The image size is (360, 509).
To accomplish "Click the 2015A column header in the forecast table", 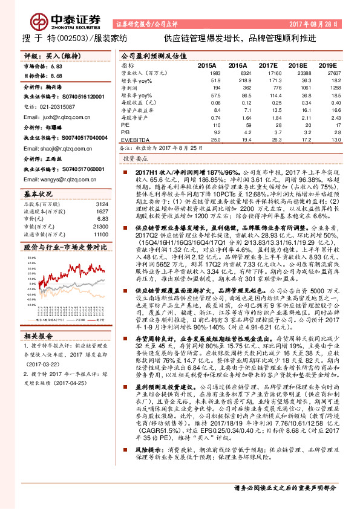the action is (x=207, y=65).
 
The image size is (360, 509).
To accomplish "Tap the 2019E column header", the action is (x=327, y=65).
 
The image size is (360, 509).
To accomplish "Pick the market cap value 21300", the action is (x=100, y=225).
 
